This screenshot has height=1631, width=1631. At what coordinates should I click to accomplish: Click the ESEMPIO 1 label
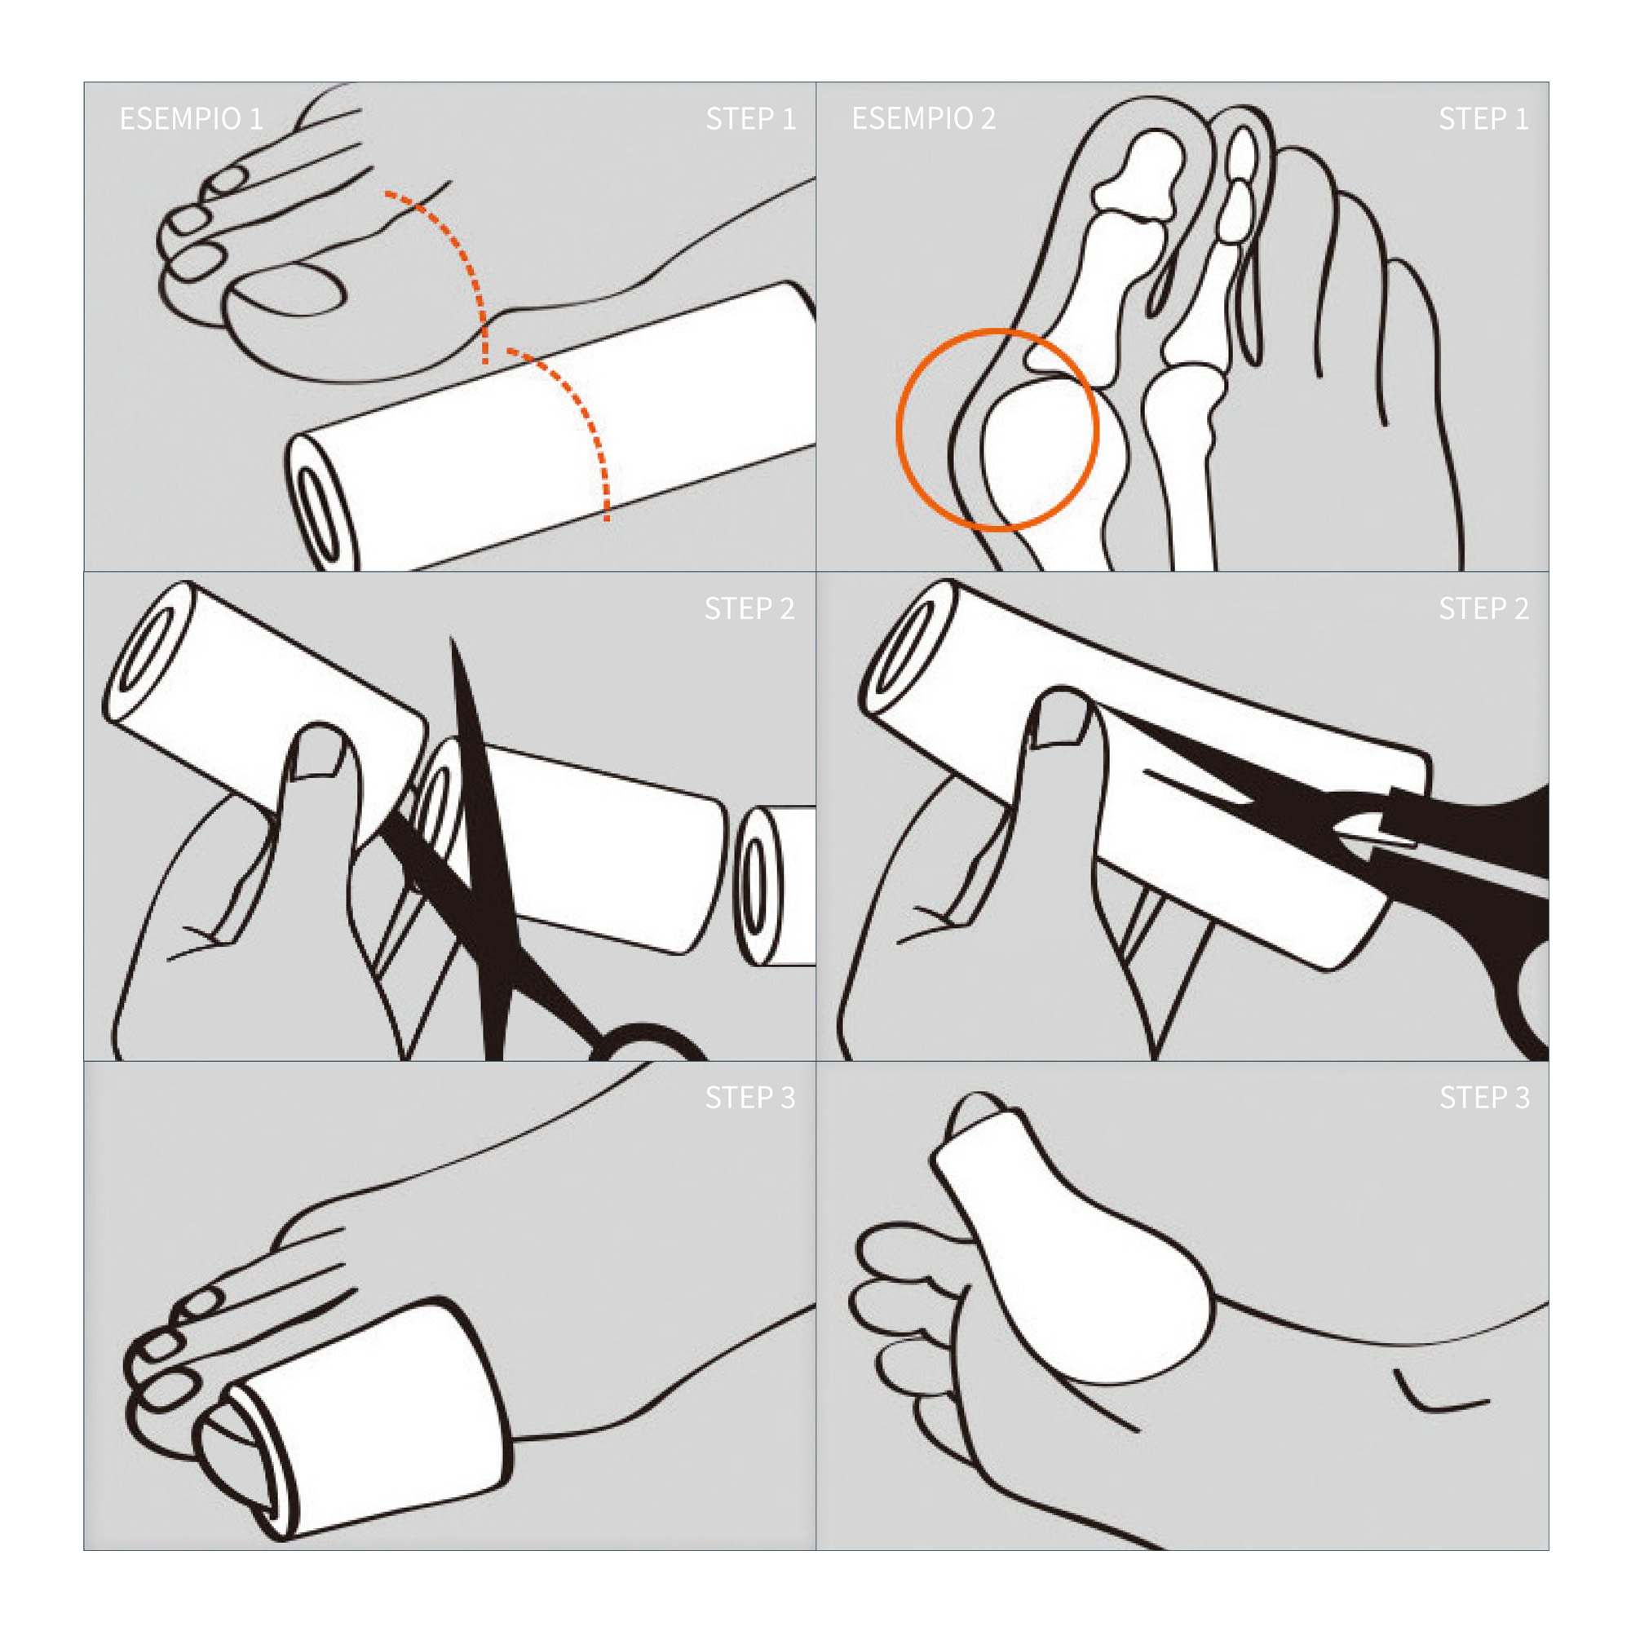[191, 119]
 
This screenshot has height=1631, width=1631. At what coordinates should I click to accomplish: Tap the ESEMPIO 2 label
[924, 119]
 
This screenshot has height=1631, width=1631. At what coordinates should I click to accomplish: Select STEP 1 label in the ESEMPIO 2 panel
[1483, 119]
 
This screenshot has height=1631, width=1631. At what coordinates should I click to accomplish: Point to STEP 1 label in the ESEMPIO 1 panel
[750, 119]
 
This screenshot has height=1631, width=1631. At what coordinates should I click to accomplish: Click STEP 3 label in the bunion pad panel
[1484, 1098]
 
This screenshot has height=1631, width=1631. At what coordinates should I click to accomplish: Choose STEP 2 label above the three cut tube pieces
[749, 608]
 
